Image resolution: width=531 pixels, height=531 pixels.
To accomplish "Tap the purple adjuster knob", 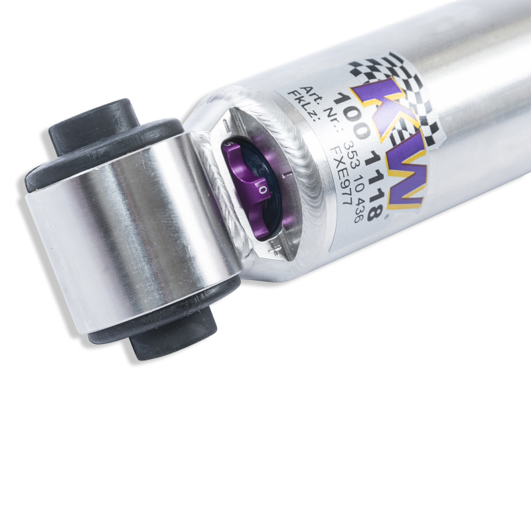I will point(249,189).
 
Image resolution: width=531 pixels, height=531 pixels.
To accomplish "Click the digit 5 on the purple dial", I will point(228,143).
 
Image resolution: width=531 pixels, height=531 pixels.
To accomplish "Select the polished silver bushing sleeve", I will point(133,232).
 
